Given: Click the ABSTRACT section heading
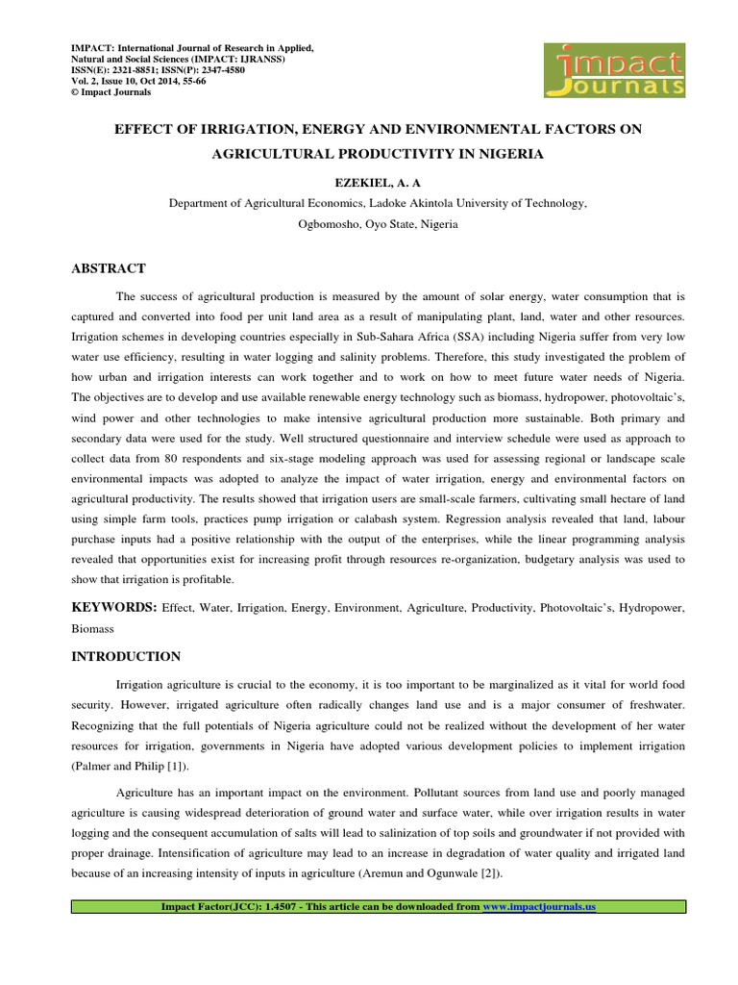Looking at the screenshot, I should coord(109,268).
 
